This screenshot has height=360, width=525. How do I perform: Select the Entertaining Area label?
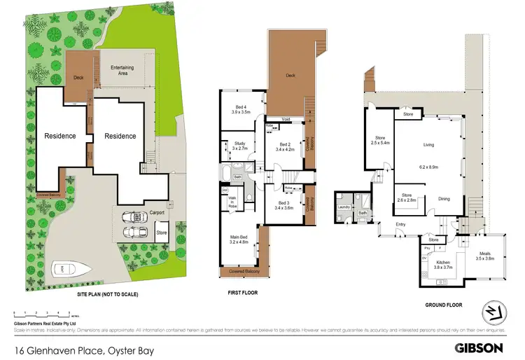[123, 69]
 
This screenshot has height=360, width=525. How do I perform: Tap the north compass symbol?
[493, 313]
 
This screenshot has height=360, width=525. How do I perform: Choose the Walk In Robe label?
[232, 203]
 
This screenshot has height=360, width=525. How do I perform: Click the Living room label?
[429, 146]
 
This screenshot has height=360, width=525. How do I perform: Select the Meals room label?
[485, 256]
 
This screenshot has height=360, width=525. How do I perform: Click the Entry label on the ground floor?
[400, 224]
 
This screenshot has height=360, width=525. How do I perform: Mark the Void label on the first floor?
[286, 119]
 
